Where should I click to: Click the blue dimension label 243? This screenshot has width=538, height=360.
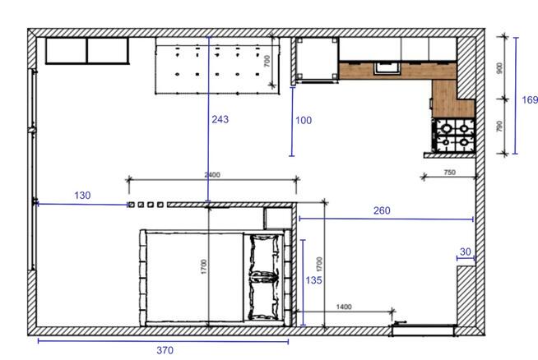[220, 120]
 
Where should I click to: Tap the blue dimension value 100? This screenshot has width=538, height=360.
[303, 121]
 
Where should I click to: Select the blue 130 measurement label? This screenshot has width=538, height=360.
[82, 196]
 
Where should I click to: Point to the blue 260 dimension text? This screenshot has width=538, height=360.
[382, 210]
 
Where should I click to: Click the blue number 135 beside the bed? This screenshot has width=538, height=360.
[313, 280]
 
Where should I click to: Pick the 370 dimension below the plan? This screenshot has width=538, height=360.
[165, 351]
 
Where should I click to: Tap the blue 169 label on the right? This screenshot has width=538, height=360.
[530, 100]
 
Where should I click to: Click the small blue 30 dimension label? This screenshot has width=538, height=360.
[466, 252]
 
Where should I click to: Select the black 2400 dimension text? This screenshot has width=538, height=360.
[212, 174]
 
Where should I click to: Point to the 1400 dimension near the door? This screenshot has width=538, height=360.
[344, 307]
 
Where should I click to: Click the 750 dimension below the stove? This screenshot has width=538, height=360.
[449, 173]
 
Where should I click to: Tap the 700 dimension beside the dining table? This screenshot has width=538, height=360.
[267, 62]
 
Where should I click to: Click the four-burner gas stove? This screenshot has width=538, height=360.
[455, 136]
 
